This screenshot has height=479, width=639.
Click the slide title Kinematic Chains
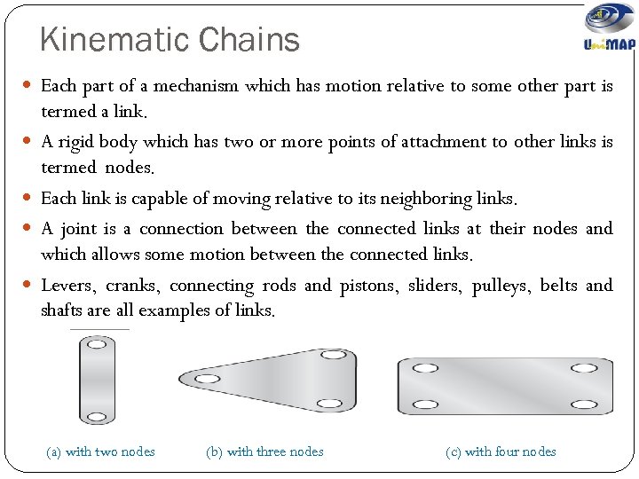(x=170, y=40)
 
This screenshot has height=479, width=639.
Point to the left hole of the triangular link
(x=207, y=379)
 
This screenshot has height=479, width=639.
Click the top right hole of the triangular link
(x=334, y=355)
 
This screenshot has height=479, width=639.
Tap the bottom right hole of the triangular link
(x=328, y=404)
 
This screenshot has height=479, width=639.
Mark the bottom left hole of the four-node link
(x=426, y=404)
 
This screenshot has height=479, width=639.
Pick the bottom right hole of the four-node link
(x=585, y=404)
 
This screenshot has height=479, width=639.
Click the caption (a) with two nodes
(x=100, y=452)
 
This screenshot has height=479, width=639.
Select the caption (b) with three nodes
(x=264, y=452)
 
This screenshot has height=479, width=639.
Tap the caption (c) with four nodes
(x=501, y=452)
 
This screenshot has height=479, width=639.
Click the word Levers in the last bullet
(x=67, y=286)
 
